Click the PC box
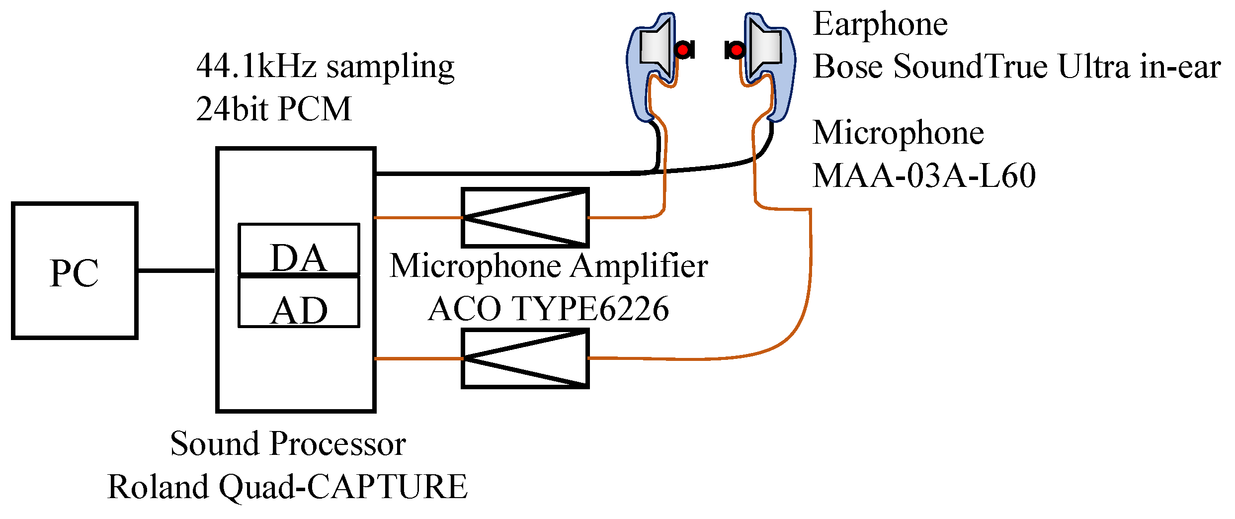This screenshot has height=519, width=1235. pyautogui.click(x=75, y=271)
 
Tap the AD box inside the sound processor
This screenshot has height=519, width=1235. pyautogui.click(x=299, y=302)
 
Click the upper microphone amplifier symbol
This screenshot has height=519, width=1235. pyautogui.click(x=525, y=217)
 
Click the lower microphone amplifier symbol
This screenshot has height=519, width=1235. pyautogui.click(x=525, y=358)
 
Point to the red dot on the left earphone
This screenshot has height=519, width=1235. pyautogui.click(x=683, y=50)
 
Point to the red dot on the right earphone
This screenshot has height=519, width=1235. pyautogui.click(x=737, y=50)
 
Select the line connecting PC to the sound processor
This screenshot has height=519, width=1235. pyautogui.click(x=176, y=271)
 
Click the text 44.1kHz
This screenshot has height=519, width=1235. pyautogui.click(x=256, y=66)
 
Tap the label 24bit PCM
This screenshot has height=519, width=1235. pyautogui.click(x=274, y=109)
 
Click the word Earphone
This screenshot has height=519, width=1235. pyautogui.click(x=880, y=25)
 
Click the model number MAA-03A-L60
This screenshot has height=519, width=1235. pyautogui.click(x=924, y=175)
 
